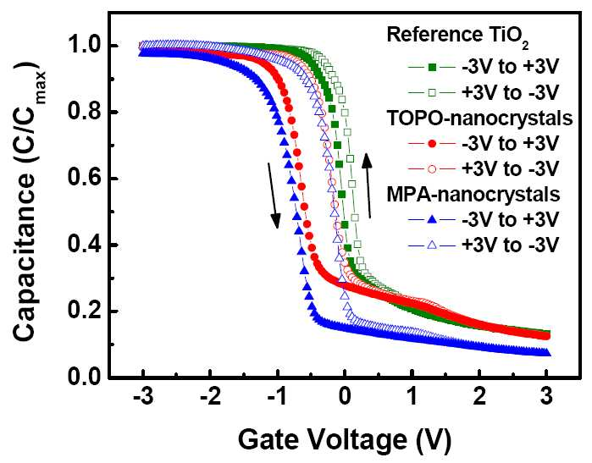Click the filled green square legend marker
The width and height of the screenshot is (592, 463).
coord(432,68)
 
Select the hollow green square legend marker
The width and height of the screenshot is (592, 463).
coord(432,92)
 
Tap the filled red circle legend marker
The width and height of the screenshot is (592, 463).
coord(432,143)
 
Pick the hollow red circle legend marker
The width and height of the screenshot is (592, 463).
coord(432,168)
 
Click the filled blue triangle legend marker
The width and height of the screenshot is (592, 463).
coord(432,219)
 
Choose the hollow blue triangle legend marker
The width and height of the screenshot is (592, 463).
coord(432,245)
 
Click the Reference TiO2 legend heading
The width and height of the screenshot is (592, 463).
coord(457,36)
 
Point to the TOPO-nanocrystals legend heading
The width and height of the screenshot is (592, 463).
coord(479,119)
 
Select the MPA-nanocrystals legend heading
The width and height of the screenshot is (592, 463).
coord(473,195)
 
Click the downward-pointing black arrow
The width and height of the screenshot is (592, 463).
coord(274,196)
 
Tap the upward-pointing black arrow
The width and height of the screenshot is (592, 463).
coord(368,185)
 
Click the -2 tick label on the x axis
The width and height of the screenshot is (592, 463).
coord(209,397)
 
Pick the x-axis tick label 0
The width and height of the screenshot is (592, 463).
coord(345,397)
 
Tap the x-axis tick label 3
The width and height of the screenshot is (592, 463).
coord(547,397)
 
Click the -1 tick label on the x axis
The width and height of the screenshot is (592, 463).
coord(278,397)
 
